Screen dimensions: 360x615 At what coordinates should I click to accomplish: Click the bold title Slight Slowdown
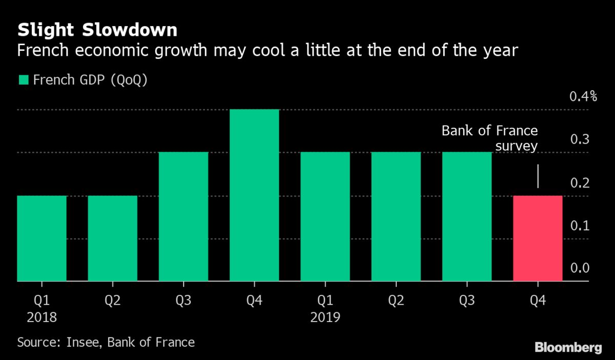(x=97, y=30)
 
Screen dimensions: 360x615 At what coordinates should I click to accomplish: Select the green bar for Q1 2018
(x=42, y=238)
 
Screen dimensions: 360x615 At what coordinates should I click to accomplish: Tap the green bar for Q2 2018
(x=112, y=238)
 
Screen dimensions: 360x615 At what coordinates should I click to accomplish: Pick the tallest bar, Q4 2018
(x=254, y=195)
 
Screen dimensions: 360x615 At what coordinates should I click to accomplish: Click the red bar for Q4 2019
(x=538, y=238)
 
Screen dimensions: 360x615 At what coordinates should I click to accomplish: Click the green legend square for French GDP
(x=23, y=80)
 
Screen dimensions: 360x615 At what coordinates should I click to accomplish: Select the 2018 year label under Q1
(x=41, y=317)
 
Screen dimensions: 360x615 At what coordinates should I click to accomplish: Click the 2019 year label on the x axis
(x=325, y=317)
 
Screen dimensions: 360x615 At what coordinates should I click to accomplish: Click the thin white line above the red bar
(x=538, y=176)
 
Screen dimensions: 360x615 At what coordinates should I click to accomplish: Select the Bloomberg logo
(x=568, y=347)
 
